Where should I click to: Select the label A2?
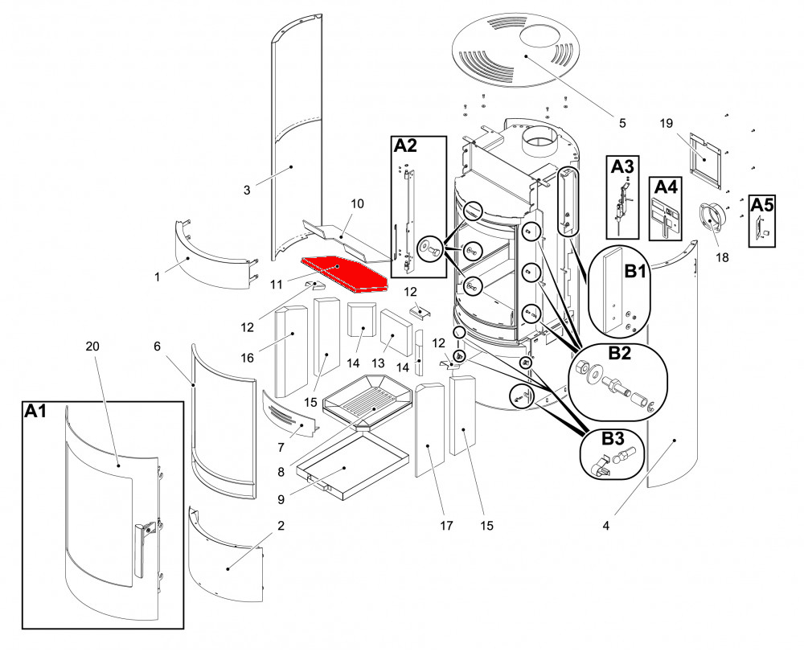(x=406, y=146)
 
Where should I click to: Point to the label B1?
(x=635, y=271)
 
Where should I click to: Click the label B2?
(x=620, y=354)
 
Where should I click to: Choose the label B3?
(x=613, y=439)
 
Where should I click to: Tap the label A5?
(x=762, y=205)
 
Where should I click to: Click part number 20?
(x=92, y=346)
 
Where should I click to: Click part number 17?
(x=447, y=527)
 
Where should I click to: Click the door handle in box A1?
(x=144, y=549)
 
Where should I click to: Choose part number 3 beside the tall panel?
(x=247, y=190)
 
